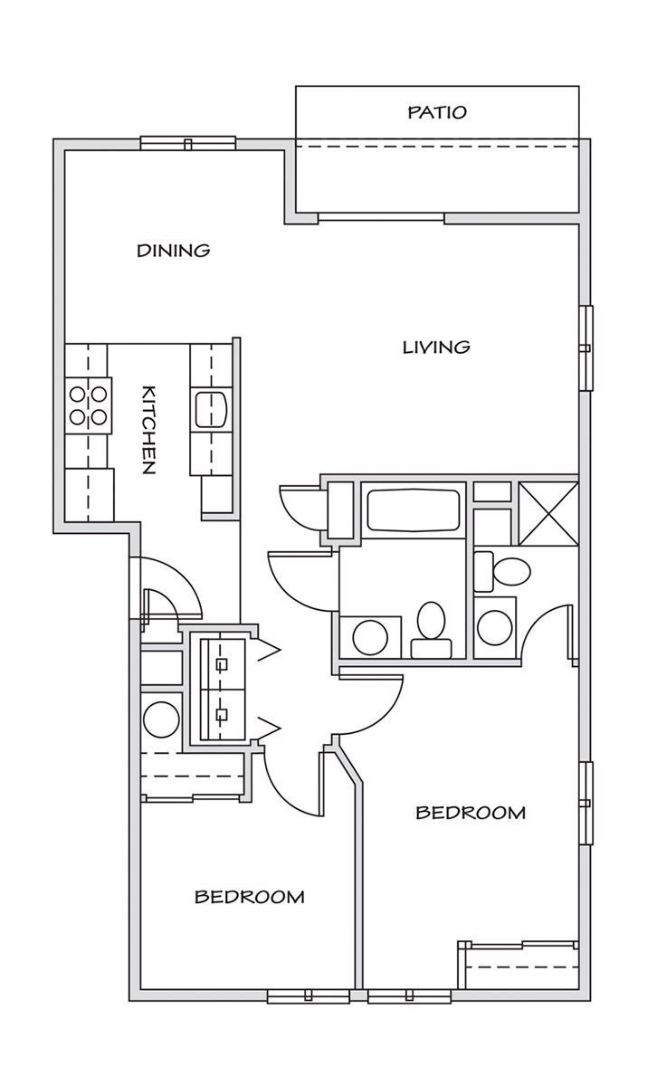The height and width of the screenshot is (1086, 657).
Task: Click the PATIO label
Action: (437, 112)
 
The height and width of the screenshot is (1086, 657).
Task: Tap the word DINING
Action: (174, 251)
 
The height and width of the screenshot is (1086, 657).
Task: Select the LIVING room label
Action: (436, 348)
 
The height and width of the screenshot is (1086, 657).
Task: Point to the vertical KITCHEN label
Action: (148, 430)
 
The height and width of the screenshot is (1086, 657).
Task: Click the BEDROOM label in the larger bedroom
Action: (471, 813)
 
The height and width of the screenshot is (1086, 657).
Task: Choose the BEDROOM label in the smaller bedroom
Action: (250, 897)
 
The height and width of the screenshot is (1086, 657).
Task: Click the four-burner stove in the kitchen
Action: (89, 405)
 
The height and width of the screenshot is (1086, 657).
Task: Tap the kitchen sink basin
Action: (211, 410)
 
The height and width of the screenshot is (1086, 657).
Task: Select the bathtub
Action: (413, 510)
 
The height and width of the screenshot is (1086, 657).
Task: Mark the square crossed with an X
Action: (548, 514)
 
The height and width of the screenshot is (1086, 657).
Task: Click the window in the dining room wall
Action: (188, 143)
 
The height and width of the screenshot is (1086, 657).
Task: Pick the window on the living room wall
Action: (586, 348)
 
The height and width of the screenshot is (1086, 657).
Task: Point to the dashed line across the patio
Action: (437, 146)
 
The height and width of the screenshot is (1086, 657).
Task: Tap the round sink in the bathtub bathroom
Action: (370, 637)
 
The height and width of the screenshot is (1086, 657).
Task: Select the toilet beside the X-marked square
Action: (502, 571)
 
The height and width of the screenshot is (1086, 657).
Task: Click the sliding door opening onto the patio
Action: (381, 218)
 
